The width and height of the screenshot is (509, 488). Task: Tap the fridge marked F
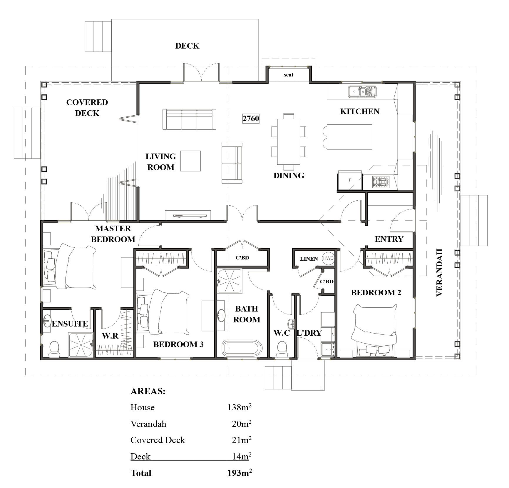click(x=350, y=180)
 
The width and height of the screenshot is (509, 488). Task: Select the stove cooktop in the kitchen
click(x=381, y=182)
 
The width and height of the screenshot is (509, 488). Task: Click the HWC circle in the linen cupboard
click(x=328, y=258)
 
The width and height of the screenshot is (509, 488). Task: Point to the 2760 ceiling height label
click(x=251, y=119)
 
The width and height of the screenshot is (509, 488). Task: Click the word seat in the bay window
click(x=289, y=75)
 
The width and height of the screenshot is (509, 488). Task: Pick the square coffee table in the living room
click(x=190, y=161)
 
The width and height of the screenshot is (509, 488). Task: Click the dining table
click(x=289, y=142)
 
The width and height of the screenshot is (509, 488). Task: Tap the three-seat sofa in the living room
click(x=190, y=119)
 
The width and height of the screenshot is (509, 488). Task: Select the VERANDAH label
click(x=439, y=272)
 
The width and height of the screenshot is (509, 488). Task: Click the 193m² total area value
click(x=240, y=473)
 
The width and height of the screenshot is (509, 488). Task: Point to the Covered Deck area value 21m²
click(x=242, y=440)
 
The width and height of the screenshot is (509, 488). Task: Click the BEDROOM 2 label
click(x=376, y=293)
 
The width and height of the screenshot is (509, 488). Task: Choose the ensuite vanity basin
click(x=47, y=321)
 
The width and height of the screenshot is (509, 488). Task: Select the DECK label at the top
click(x=187, y=46)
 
